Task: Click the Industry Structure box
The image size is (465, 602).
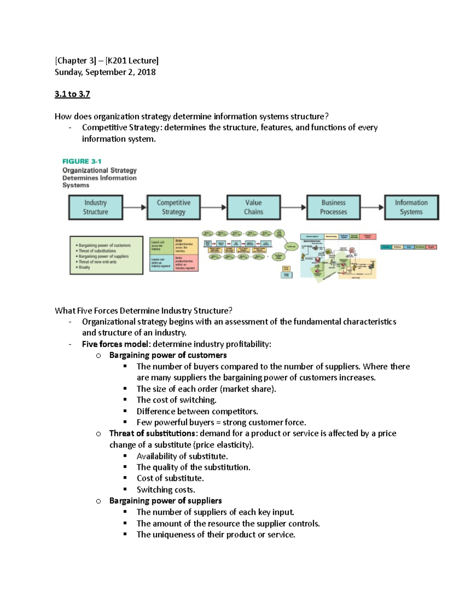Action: [96, 207]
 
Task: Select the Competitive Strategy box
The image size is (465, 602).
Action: [174, 207]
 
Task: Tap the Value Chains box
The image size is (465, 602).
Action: [253, 207]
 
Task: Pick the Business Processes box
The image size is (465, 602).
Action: [333, 207]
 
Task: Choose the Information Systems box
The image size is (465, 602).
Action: [411, 207]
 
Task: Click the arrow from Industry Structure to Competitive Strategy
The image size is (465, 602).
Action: [134, 207]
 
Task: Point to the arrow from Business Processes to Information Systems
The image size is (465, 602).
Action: [372, 207]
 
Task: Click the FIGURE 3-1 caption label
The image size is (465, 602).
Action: [82, 161]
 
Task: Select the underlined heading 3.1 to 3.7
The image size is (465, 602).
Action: [72, 94]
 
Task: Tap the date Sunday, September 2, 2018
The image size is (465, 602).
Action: [105, 72]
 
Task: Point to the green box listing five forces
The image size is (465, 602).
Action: [106, 255]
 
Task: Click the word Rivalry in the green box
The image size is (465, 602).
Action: [84, 267]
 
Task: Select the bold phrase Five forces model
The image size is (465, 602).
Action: [115, 344]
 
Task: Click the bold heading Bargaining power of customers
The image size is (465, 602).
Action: [168, 355]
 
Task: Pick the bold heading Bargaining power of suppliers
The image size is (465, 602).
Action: [165, 501]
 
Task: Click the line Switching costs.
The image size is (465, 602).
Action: [166, 490]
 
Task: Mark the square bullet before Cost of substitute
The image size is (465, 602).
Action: [125, 478]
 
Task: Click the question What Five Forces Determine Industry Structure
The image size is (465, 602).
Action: [143, 310]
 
